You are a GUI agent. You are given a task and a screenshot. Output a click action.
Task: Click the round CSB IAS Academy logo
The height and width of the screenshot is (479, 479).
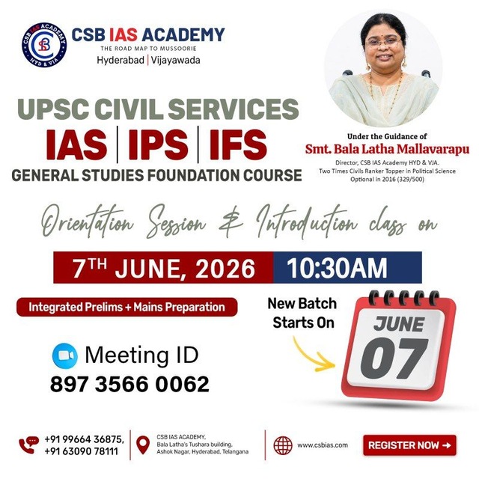44,45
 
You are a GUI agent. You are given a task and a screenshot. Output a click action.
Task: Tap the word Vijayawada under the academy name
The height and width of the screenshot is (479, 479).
176,60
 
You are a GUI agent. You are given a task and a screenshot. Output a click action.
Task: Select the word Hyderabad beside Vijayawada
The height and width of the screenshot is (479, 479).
120,60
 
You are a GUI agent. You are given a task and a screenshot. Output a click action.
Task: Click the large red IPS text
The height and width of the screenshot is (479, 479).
158,144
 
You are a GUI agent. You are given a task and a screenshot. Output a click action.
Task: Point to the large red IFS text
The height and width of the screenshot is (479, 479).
238,144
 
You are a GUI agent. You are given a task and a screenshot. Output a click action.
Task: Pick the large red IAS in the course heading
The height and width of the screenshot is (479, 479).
76,144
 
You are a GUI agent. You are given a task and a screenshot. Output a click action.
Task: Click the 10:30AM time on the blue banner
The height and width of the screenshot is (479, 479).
337,268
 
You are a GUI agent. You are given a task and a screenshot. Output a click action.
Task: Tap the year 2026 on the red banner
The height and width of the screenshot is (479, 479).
225,269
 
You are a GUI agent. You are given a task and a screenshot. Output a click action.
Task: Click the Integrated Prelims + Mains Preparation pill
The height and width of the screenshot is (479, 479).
126,307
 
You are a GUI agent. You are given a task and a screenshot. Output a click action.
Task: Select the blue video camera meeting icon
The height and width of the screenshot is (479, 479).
65,356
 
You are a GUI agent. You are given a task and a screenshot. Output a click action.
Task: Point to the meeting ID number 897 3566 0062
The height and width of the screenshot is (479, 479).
129,384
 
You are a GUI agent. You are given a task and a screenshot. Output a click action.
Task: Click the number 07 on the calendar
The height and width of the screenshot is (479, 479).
394,359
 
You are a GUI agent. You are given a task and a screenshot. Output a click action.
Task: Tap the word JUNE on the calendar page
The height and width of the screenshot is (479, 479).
399,324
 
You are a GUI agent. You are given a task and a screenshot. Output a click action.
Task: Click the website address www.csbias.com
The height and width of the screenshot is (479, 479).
323,445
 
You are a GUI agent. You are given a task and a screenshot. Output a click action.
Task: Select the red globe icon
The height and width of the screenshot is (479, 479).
283,445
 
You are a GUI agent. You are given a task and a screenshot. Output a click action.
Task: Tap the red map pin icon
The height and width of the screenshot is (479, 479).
143,445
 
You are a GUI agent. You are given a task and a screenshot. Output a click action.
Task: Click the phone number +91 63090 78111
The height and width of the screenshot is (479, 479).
82,451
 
